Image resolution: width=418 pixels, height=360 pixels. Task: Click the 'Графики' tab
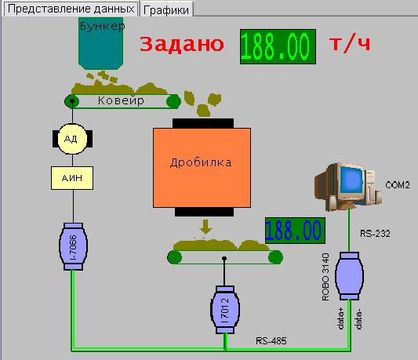click(x=166, y=9)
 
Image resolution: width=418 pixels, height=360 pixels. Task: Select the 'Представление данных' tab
click(x=71, y=9)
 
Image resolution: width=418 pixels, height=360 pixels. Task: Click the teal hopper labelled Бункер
click(x=100, y=43)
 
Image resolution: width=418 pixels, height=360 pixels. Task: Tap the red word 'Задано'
click(x=182, y=44)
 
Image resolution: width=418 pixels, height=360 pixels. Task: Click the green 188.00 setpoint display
click(x=278, y=47)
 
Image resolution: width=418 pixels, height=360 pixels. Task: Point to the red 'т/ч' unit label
click(x=350, y=43)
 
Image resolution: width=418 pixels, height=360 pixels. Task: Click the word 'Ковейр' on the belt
click(x=121, y=101)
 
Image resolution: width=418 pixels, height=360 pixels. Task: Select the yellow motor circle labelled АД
click(x=72, y=139)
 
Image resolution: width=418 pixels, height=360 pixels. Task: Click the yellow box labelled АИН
click(x=72, y=178)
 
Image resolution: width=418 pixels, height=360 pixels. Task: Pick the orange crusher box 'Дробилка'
click(x=202, y=168)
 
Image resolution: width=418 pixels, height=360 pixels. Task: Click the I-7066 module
click(x=73, y=246)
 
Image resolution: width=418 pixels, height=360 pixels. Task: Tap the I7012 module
click(x=225, y=310)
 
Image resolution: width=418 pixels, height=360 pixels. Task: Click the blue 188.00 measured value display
click(x=295, y=231)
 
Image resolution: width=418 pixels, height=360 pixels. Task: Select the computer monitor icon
click(x=348, y=186)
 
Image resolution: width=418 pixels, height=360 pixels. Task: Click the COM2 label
click(x=397, y=185)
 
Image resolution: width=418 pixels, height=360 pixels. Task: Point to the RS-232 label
click(x=375, y=234)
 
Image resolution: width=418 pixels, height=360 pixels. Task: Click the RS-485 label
click(x=271, y=341)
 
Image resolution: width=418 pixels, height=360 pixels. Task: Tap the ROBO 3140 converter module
click(x=349, y=276)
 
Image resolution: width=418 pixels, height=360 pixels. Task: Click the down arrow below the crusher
click(x=205, y=227)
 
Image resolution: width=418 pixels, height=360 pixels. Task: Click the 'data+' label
click(x=340, y=318)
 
